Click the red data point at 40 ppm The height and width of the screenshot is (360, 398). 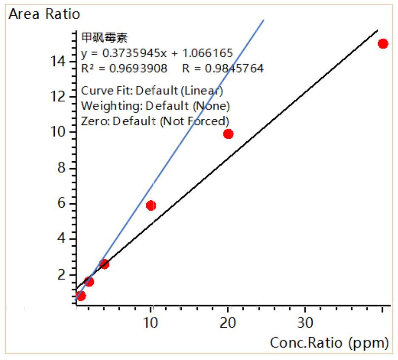point(383,44)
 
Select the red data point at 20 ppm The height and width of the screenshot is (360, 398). point(228,134)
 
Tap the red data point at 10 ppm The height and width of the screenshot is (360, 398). point(151,205)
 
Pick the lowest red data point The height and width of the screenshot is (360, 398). point(81,295)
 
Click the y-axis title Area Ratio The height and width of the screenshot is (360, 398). point(44,14)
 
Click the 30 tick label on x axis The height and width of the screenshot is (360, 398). point(305,323)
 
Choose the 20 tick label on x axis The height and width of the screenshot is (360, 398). point(228,323)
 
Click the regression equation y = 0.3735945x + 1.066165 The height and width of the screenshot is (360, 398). point(157,53)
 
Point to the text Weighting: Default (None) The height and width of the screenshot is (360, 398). point(155,105)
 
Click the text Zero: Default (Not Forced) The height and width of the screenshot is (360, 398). point(155,121)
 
